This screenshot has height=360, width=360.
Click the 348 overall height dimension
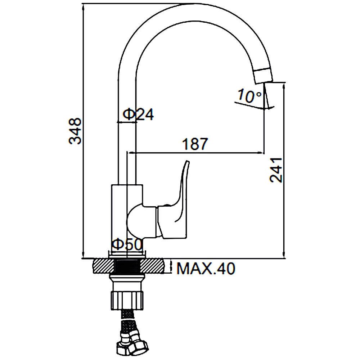click(75, 131)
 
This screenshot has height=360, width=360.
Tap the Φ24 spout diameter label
click(139, 114)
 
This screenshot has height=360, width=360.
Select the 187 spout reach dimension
click(195, 144)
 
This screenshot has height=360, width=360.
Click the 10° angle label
click(249, 96)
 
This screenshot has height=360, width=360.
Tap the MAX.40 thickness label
click(206, 269)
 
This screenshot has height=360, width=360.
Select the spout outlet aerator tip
click(264, 75)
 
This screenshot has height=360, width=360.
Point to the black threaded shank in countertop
click(127, 266)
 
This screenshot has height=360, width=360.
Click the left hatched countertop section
click(104, 266)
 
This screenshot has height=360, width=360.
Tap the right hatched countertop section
click(152, 266)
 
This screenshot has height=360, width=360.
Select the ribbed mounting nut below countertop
click(128, 301)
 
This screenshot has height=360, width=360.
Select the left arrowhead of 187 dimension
click(130, 152)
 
